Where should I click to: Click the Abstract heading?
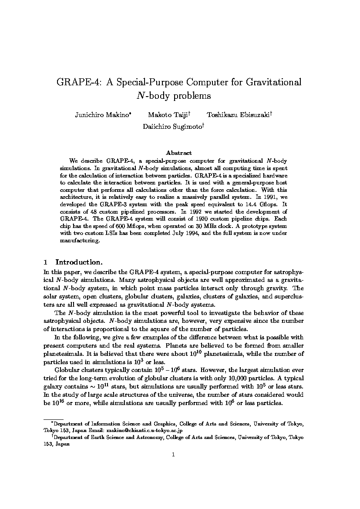[x=179, y=153]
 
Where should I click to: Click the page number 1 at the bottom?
[x=173, y=455]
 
